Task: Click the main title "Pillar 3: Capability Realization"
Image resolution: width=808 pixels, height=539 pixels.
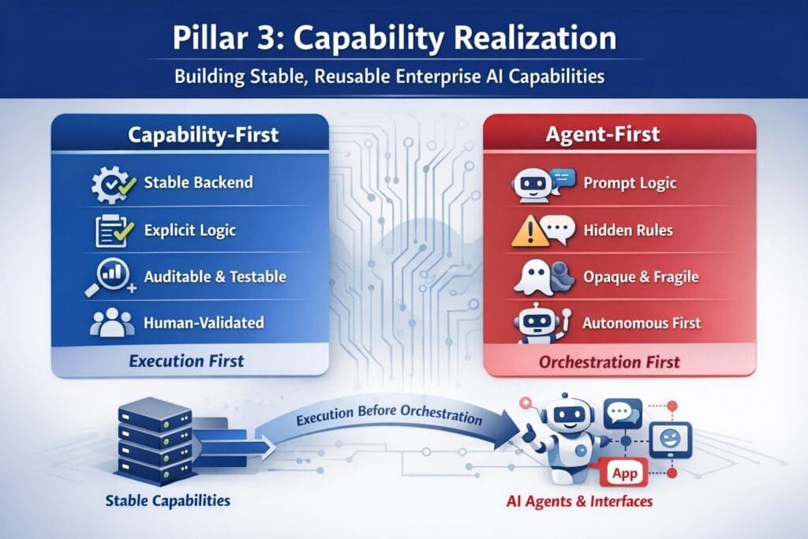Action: coord(403,40)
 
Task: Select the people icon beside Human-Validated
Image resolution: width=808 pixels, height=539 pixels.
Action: coord(110,322)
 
